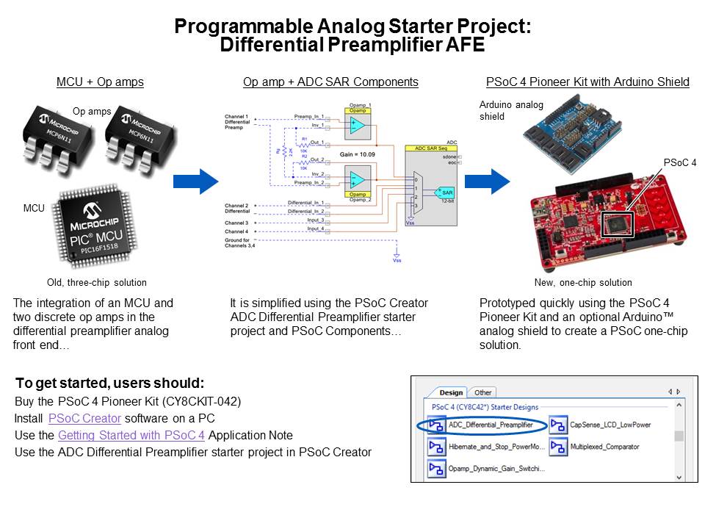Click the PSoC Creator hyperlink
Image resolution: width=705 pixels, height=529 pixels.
84,419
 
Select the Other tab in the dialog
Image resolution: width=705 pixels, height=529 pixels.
482,392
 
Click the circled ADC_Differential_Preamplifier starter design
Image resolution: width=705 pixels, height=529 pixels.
490,425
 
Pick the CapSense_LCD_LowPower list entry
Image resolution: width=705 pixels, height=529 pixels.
610,425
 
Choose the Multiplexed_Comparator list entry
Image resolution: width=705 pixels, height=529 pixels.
604,446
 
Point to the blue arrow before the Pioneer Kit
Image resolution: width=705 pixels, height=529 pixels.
487,181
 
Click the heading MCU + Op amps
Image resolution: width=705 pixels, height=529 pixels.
100,82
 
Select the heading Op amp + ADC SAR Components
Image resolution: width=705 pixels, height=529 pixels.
330,82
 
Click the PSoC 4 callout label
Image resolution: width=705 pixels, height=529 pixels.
679,162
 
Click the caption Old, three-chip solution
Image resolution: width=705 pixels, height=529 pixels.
96,282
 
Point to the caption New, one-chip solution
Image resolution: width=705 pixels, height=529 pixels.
583,282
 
